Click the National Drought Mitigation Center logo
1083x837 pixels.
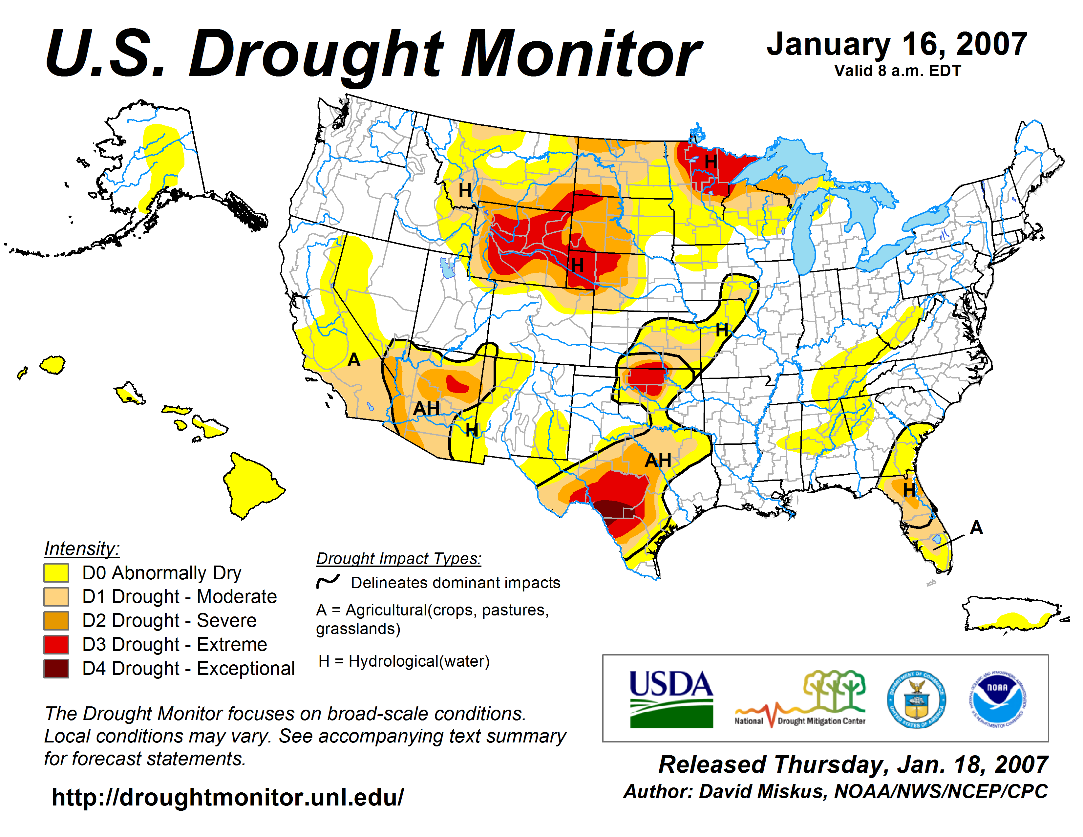(800, 699)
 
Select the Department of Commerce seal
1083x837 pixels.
(916, 699)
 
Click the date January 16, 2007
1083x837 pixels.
(897, 45)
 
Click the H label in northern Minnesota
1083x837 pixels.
(711, 161)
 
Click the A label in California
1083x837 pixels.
(353, 359)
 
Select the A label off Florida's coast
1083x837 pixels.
(976, 527)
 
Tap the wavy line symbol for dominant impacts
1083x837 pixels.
(328, 581)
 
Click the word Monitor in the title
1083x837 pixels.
(580, 54)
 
